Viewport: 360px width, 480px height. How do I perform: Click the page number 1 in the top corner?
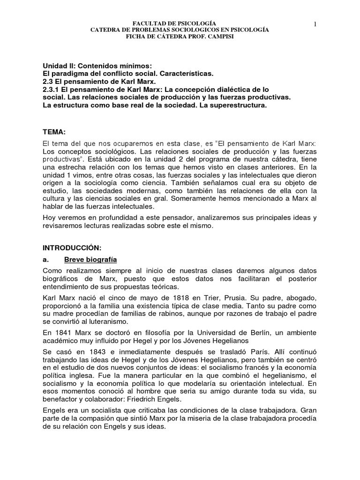tap(316, 24)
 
